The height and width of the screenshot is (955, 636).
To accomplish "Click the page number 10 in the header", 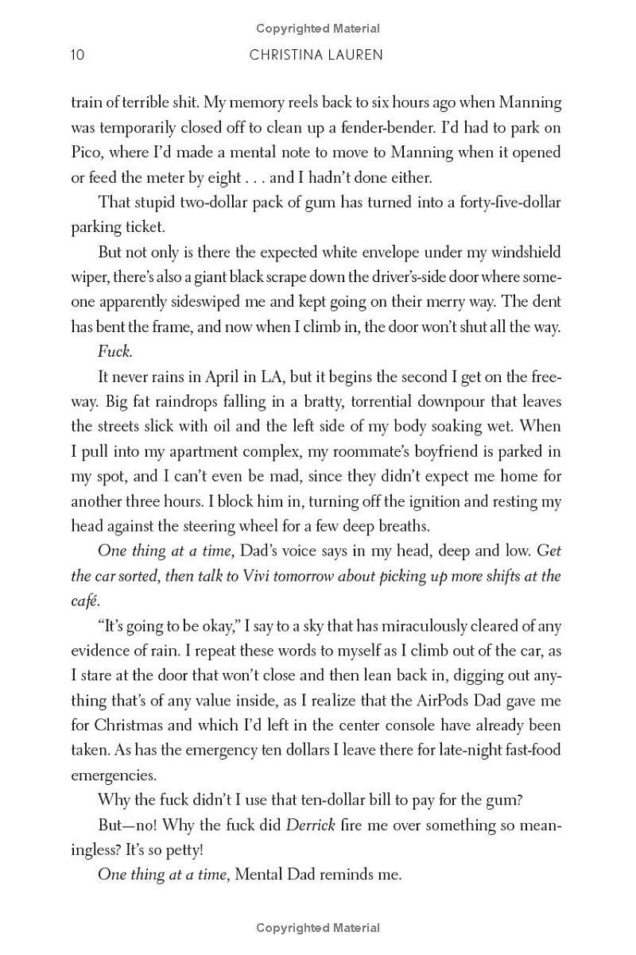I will pos(78,55).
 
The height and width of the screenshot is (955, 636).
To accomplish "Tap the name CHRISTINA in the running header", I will pos(285,55).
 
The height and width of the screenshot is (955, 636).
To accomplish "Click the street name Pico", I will pos(86,152).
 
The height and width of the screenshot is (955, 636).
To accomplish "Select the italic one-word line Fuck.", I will pos(114,352).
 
